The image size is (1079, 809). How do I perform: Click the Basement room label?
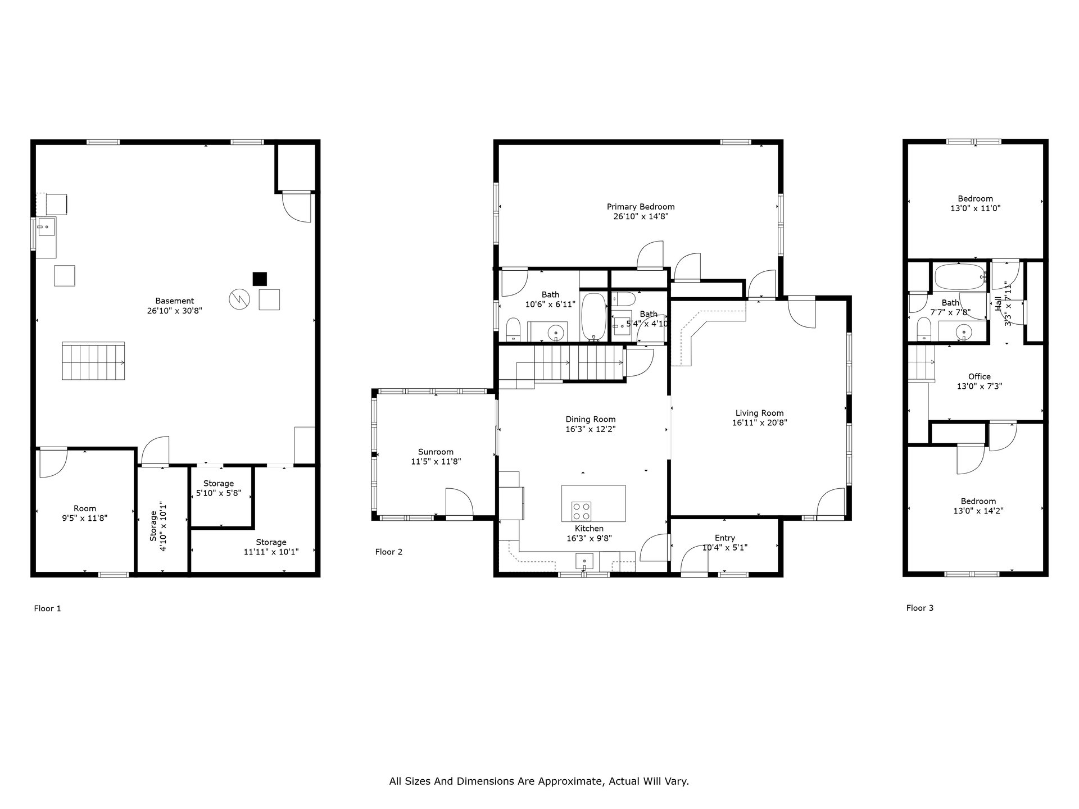tap(175, 301)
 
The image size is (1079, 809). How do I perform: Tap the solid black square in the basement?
tap(259, 279)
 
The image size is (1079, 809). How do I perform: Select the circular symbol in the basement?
tap(238, 299)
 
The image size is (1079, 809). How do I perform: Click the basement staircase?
tap(93, 361)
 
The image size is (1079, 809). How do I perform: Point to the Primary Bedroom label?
tap(641, 207)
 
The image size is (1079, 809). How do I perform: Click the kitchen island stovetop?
tap(581, 510)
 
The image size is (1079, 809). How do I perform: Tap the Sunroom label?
tap(436, 452)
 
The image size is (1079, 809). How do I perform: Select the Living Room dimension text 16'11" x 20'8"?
tap(759, 422)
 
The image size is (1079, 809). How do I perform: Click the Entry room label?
tap(725, 538)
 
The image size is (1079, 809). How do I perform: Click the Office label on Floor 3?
tap(980, 376)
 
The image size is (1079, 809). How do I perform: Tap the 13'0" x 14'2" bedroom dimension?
tap(978, 511)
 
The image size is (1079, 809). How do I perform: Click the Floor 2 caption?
tap(389, 552)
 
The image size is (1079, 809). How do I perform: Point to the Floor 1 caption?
tap(47, 608)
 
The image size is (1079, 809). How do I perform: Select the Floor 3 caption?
tap(920, 607)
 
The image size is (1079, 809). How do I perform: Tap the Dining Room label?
tap(591, 419)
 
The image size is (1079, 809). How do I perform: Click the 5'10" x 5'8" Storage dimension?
tap(219, 493)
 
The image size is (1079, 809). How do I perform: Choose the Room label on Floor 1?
tap(85, 508)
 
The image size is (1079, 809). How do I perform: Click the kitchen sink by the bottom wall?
tap(584, 561)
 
